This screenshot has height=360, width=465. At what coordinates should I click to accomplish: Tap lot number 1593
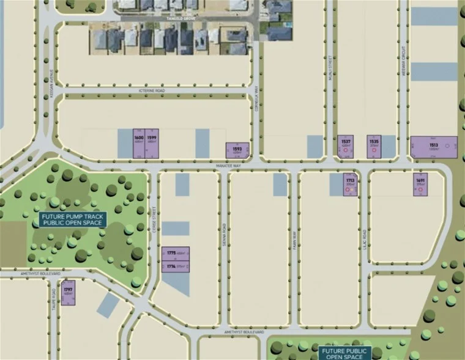[x=237, y=150]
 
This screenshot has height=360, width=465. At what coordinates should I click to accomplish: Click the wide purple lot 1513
[x=434, y=147]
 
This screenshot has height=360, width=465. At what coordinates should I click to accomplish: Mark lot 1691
[x=420, y=184]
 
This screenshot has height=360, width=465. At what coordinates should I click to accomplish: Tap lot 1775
[x=176, y=254]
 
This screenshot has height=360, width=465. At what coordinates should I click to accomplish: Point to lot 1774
[x=176, y=266]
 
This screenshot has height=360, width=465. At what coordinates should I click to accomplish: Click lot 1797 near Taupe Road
[x=69, y=290]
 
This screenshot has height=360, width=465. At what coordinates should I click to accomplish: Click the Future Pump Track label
[x=73, y=219]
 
